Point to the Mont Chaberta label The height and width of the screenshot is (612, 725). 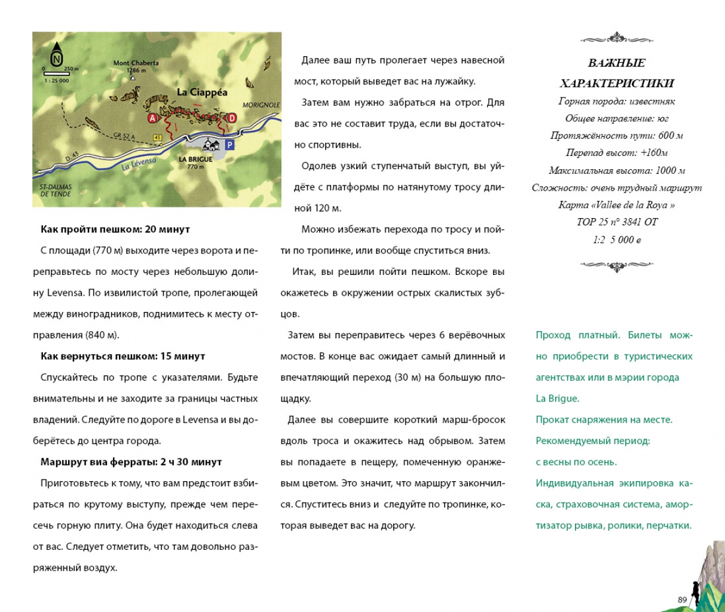pyautogui.click(x=136, y=63)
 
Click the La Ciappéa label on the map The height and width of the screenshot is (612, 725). pyautogui.click(x=202, y=92)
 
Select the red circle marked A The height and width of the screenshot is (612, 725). pyautogui.click(x=153, y=118)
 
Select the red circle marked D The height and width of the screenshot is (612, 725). pyautogui.click(x=232, y=118)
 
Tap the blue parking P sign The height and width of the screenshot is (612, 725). pyautogui.click(x=230, y=145)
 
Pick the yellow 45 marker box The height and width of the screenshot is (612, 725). pyautogui.click(x=158, y=138)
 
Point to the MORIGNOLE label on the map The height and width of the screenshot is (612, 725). pyautogui.click(x=261, y=105)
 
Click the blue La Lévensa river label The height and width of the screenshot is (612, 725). pyautogui.click(x=139, y=164)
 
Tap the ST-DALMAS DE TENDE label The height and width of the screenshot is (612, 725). pyautogui.click(x=56, y=190)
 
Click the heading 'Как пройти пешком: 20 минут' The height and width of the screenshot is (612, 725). pyautogui.click(x=115, y=229)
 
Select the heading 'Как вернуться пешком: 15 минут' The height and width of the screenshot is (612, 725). pyautogui.click(x=123, y=356)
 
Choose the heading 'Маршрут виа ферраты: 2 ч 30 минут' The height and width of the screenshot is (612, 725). pyautogui.click(x=131, y=462)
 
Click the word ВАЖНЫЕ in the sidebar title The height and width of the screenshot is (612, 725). pyautogui.click(x=617, y=63)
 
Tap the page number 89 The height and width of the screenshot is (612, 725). pyautogui.click(x=682, y=600)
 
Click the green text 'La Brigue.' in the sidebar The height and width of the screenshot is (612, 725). pyautogui.click(x=557, y=399)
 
